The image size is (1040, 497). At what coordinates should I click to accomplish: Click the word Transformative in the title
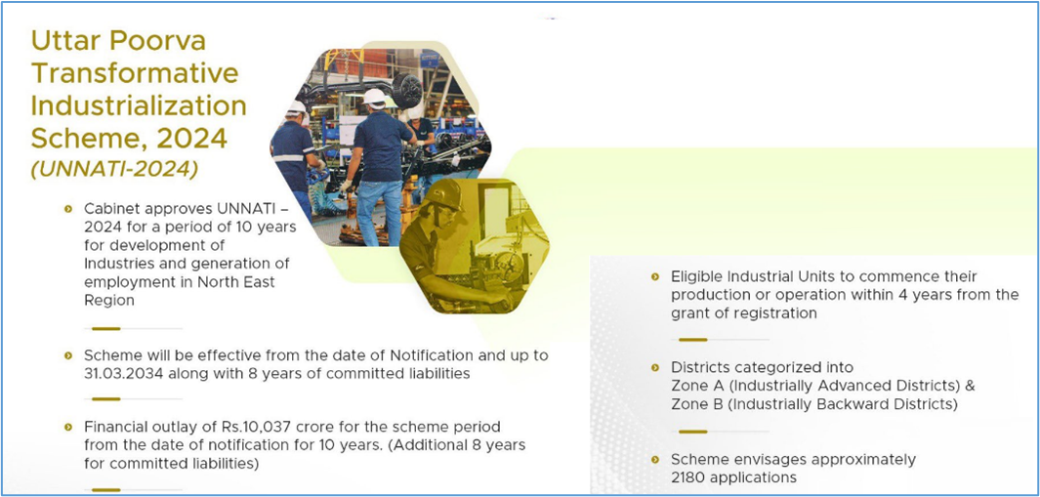click(135, 73)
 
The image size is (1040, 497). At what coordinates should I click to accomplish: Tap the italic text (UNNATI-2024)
click(114, 169)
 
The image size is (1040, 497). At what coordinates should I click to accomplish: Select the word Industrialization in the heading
click(139, 106)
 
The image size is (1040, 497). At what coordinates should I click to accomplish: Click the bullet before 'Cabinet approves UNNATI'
click(67, 209)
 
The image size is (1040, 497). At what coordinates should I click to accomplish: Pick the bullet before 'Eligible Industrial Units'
click(655, 276)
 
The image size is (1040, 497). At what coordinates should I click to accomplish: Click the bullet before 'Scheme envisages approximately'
click(655, 459)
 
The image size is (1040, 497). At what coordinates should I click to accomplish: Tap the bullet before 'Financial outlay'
click(67, 427)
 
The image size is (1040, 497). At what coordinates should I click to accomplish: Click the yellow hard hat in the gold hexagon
click(444, 194)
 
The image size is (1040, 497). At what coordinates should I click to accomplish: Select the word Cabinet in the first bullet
click(108, 208)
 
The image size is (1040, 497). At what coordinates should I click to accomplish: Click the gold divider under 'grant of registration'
click(692, 340)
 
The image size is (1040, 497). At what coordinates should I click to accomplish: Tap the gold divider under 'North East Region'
click(106, 328)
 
